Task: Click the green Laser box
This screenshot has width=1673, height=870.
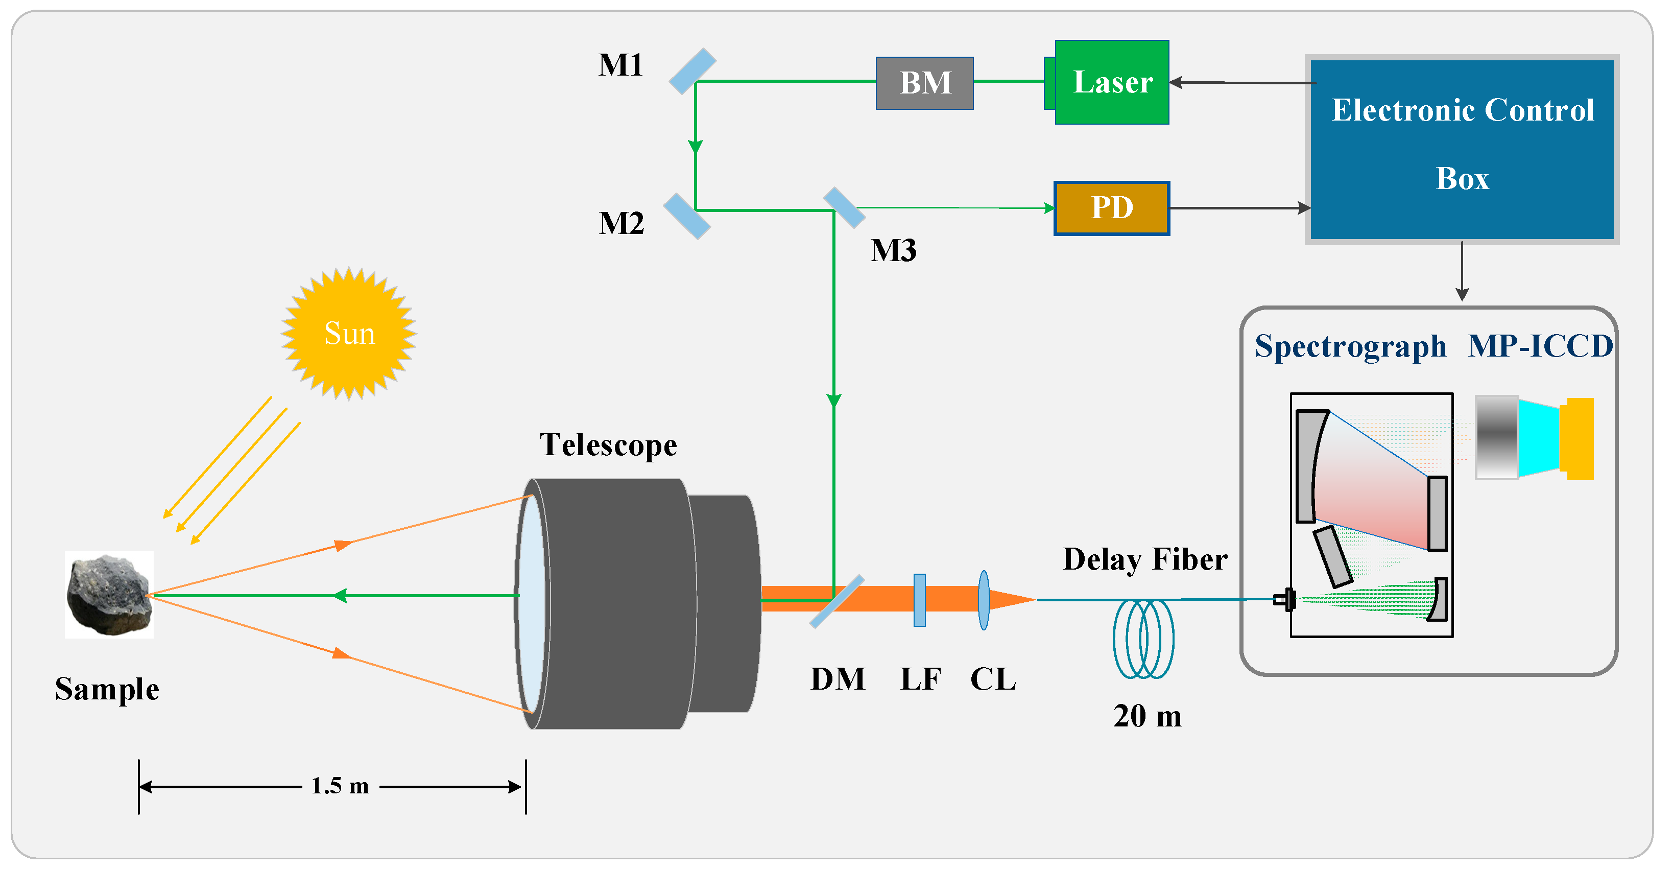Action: tap(1112, 82)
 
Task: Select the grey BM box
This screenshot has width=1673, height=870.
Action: tap(925, 83)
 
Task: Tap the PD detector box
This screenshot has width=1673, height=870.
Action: tap(1112, 208)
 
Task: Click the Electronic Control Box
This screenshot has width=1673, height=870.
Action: tap(1462, 150)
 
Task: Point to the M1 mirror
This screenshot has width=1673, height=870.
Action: tap(692, 71)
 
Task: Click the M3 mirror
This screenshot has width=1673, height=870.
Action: tap(844, 208)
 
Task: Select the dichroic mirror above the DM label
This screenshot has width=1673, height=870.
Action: tap(837, 601)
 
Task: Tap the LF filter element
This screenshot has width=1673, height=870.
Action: tap(920, 600)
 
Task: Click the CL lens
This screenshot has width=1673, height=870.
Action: tap(984, 600)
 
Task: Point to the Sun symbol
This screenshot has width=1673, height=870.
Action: tap(349, 333)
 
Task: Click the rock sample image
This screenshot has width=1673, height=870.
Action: tap(109, 595)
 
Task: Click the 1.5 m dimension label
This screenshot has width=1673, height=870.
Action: tap(340, 786)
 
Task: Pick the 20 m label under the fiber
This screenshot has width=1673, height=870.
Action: tap(1148, 716)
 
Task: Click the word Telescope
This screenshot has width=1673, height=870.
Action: tap(609, 445)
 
